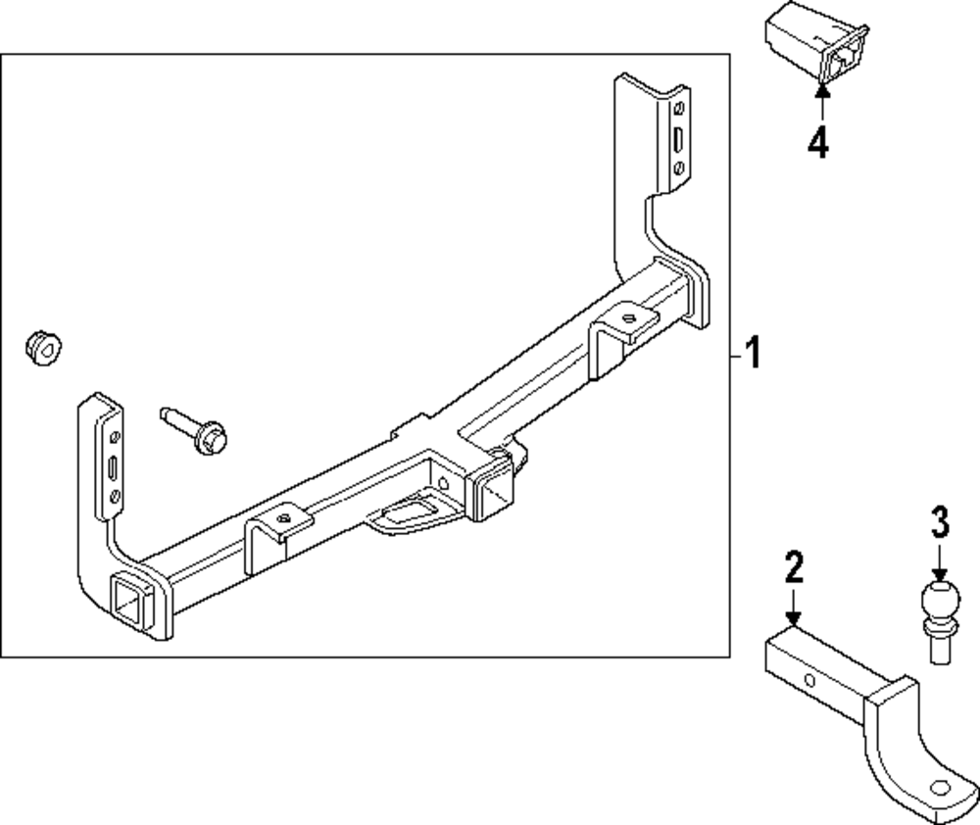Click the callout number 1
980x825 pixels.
(x=752, y=354)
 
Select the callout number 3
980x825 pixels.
(x=939, y=523)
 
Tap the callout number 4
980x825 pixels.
(x=818, y=143)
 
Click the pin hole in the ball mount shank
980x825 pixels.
(x=810, y=680)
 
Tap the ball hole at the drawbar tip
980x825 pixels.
(x=940, y=786)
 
